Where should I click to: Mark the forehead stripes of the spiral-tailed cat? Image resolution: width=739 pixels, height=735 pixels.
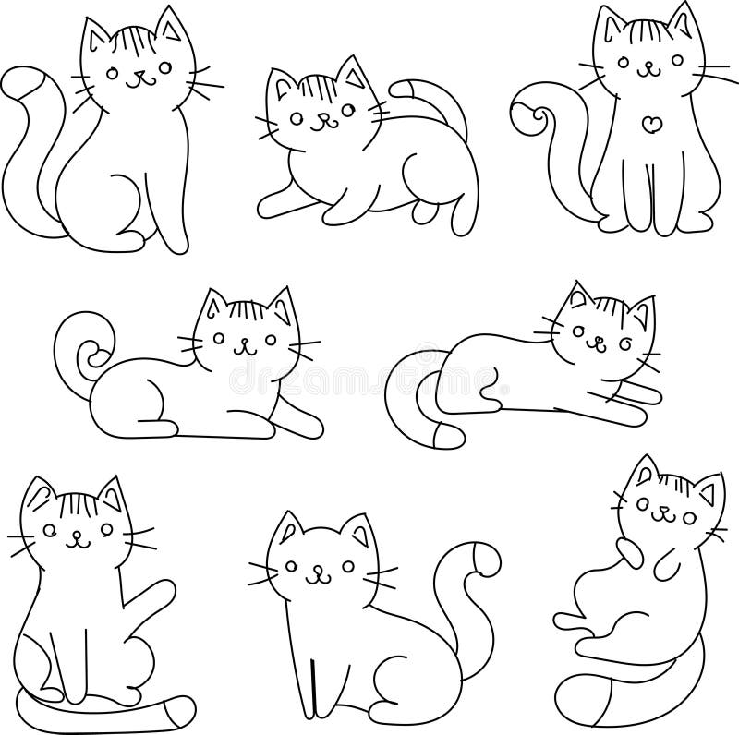pyautogui.click(x=248, y=310)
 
